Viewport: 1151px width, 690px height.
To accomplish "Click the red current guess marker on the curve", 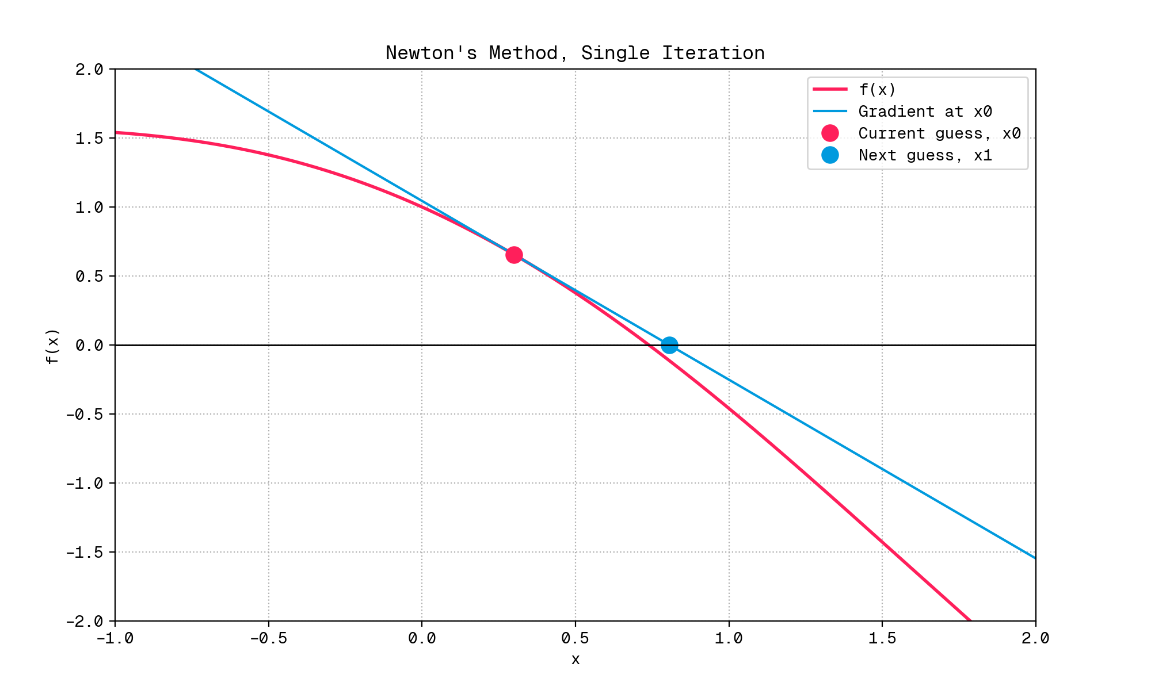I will tap(514, 255).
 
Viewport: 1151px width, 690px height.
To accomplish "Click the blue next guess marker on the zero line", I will tap(669, 345).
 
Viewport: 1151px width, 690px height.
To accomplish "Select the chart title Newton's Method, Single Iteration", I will tap(575, 53).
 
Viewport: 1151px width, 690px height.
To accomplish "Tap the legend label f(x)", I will tap(877, 90).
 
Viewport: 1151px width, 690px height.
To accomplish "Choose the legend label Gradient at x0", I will tap(925, 112).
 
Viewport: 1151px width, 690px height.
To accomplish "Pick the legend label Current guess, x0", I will tap(939, 133).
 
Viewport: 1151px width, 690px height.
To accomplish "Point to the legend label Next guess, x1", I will tap(925, 155).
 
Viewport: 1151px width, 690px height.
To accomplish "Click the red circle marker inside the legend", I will tap(830, 133).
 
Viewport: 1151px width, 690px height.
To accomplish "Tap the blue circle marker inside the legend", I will tap(830, 155).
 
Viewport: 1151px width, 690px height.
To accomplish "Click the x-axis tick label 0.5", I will tap(575, 639).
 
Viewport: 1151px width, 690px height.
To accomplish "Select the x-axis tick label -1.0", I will tap(115, 639).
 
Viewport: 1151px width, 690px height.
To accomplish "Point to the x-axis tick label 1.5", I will tap(882, 639).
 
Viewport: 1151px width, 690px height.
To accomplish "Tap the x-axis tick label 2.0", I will tap(1035, 639).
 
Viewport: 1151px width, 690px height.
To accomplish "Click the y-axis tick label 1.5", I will tap(89, 139).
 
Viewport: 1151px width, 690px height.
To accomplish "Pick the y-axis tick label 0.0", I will tap(89, 346).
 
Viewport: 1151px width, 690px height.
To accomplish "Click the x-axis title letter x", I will tap(575, 660).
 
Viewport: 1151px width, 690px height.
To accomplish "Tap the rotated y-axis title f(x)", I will tap(52, 346).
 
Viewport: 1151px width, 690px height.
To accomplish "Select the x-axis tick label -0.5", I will tap(268, 639).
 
